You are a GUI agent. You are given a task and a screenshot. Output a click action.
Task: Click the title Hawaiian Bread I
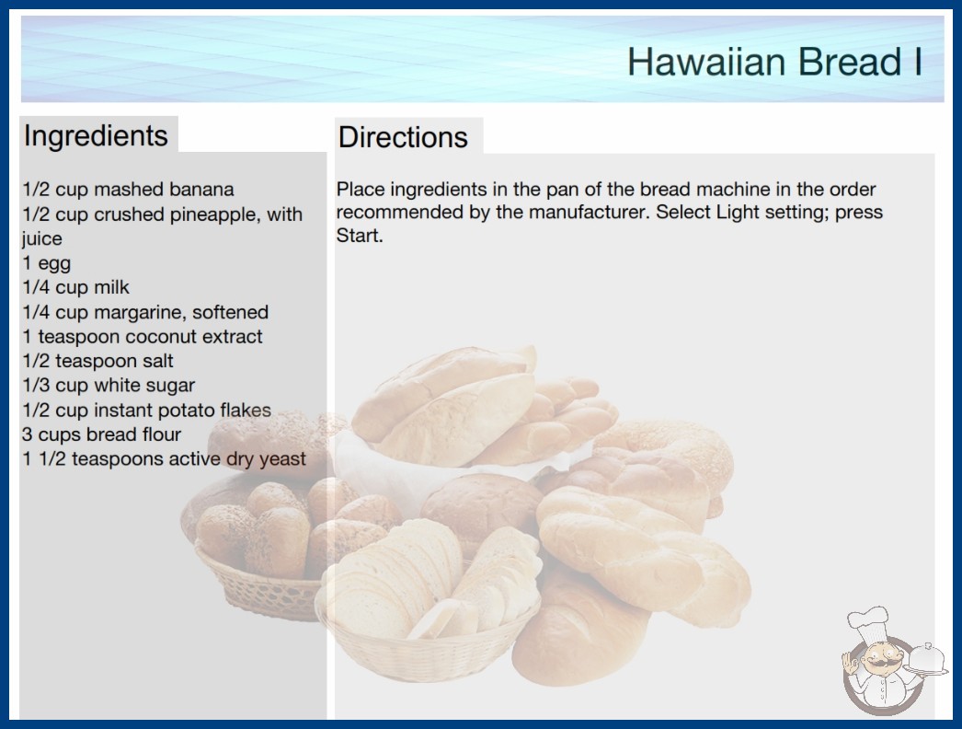tap(775, 62)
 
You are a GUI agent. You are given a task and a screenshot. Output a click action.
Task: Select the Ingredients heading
tap(96, 136)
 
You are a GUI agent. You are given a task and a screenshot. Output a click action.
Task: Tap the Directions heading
tap(403, 137)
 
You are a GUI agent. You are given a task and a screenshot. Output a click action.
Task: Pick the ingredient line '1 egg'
tap(47, 263)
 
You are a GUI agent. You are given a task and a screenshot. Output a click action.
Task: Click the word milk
tap(111, 287)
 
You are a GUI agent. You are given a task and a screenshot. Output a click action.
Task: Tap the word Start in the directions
tap(360, 236)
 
